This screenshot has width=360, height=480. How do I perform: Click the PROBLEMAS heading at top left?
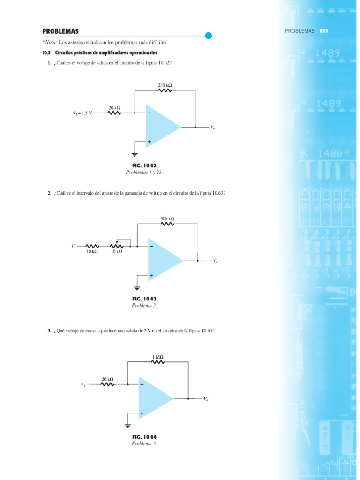point(60,31)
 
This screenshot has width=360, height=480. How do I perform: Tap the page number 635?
point(323,31)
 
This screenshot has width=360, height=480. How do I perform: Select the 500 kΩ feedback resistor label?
point(167,218)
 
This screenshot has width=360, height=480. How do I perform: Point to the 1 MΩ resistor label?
point(158,357)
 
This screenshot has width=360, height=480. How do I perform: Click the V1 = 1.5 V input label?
point(82,113)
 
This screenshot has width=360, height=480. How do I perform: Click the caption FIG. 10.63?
point(144,299)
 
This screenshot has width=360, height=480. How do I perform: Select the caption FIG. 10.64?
point(144,437)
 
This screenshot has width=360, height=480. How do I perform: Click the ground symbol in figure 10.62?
point(135,153)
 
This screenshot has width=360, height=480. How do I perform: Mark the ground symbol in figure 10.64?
point(127,425)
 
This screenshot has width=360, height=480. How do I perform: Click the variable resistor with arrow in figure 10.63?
point(117,245)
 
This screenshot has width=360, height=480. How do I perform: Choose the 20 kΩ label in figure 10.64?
point(107,379)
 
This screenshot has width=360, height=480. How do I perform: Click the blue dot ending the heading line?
point(209,35)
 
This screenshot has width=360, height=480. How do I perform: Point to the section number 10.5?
point(46,52)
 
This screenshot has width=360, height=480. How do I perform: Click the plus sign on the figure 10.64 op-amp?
point(142,413)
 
